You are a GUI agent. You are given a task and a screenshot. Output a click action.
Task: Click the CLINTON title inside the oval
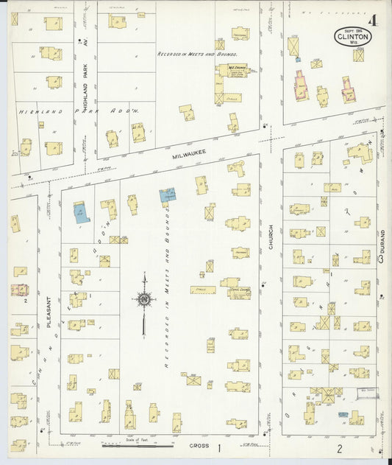[x=353, y=35]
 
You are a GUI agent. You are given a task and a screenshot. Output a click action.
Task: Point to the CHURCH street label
[x=271, y=236]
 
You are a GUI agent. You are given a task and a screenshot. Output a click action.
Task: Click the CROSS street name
[x=199, y=447]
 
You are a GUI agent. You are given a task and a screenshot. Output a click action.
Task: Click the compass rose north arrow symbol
[x=144, y=300]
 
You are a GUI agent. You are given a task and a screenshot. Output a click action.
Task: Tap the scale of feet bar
[x=138, y=445]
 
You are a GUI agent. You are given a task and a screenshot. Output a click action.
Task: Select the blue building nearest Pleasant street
[x=80, y=211]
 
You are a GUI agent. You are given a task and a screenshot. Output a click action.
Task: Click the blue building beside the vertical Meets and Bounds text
[x=168, y=195]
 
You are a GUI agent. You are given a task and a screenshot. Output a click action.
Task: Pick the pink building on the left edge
[x=20, y=290]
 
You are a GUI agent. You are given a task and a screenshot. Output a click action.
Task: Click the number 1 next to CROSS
[x=218, y=447]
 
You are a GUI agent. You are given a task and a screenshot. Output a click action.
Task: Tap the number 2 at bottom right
[x=340, y=447]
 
